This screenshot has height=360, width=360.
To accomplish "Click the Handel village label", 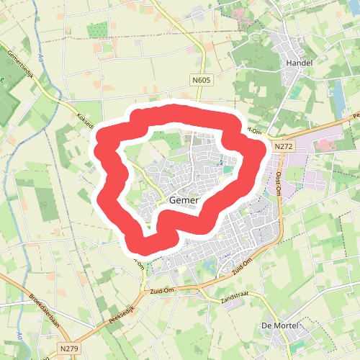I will (x=299, y=63).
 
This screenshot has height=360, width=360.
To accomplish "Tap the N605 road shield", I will (x=202, y=81).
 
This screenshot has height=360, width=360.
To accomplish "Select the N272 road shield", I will (x=283, y=146).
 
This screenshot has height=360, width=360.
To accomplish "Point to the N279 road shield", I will (x=69, y=349).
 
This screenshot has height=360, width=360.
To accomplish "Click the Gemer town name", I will (x=184, y=201).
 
